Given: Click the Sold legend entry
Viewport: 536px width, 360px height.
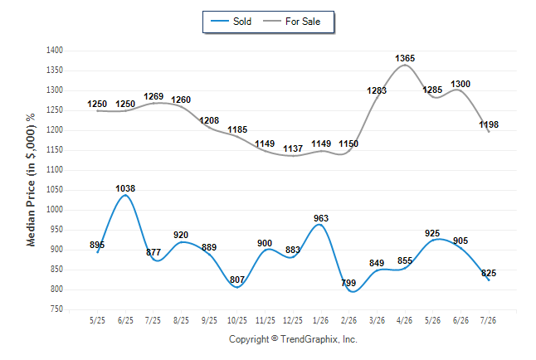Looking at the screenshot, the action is [231, 22].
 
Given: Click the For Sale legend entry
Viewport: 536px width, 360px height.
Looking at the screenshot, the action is [291, 22].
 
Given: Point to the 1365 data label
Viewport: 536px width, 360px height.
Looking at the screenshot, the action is [405, 58].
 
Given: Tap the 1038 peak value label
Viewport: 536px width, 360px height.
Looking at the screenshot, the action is [125, 188].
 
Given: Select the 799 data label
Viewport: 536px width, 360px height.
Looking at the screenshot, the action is [348, 283].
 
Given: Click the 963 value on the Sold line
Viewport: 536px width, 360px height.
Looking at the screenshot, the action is [321, 218].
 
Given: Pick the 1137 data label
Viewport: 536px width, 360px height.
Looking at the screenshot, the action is [293, 148].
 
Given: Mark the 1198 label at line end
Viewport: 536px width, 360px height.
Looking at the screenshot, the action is [489, 124].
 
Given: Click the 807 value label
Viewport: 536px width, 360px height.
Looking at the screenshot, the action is [237, 280].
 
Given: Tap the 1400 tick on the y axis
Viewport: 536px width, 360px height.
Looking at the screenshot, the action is [55, 51].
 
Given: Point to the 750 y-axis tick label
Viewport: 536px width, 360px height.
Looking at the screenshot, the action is [56, 309].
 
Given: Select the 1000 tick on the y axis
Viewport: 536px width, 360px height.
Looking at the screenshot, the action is [55, 210].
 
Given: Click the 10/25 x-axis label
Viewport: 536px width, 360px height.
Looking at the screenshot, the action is [237, 320].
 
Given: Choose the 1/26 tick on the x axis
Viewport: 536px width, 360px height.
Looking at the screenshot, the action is [320, 320].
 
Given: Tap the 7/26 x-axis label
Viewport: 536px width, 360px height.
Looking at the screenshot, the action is [488, 320].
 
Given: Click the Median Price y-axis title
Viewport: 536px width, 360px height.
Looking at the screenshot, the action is [31, 180].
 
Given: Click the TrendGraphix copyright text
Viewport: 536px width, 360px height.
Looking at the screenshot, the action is [293, 339].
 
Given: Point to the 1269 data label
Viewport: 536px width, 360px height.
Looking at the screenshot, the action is [153, 96].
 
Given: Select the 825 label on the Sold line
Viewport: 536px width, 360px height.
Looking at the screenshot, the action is [489, 273].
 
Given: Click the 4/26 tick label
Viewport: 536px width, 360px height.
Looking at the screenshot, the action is [404, 320].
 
